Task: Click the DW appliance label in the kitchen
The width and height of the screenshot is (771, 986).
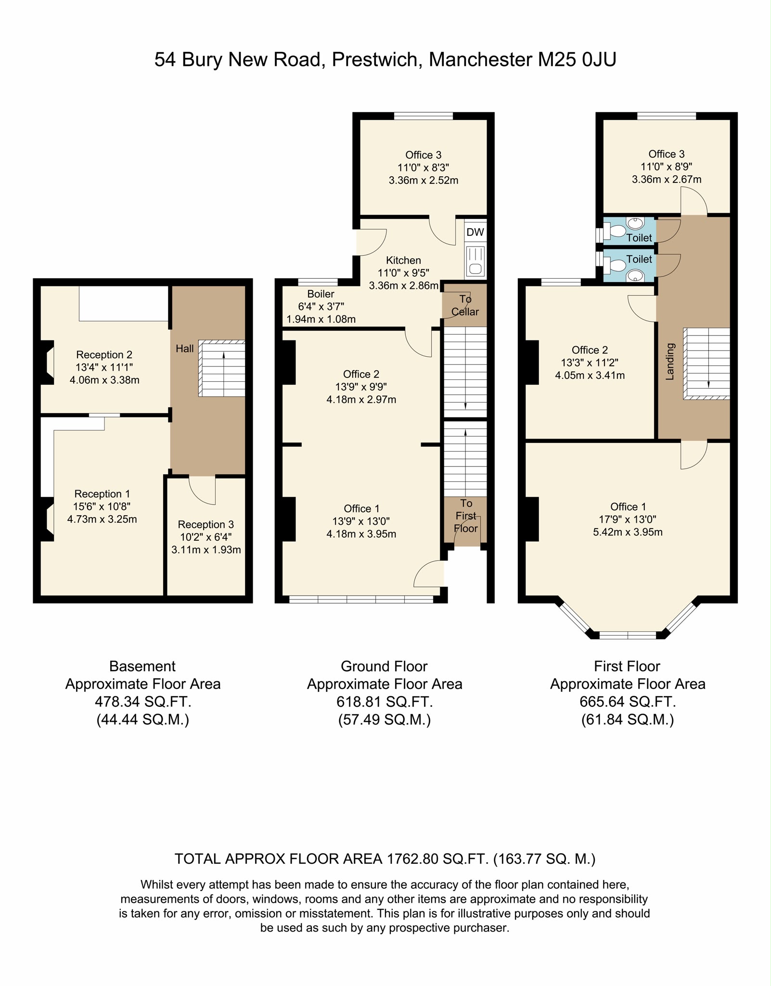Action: [x=475, y=232]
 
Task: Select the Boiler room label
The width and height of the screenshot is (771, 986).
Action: [x=321, y=294]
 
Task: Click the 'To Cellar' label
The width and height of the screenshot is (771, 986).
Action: [x=465, y=305]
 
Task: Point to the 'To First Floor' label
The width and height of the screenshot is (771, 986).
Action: [x=466, y=516]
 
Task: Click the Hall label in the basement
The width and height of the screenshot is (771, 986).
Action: [x=185, y=349]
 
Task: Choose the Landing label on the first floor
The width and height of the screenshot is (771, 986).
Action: [x=670, y=362]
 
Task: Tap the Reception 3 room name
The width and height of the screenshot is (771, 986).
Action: [x=206, y=524]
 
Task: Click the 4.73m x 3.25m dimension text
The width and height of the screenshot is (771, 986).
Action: [x=102, y=519]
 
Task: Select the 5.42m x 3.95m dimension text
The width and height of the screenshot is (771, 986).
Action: [x=628, y=532]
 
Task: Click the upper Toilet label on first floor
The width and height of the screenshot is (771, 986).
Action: [x=639, y=237]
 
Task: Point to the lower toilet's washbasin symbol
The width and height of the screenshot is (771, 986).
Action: [x=636, y=275]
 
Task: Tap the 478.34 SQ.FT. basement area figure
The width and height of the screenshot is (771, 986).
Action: [x=143, y=702]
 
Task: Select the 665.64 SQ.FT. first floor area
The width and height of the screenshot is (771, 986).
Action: [x=628, y=702]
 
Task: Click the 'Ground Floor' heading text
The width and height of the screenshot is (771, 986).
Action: [x=384, y=666]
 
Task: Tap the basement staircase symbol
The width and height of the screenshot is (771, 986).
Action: [x=222, y=368]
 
